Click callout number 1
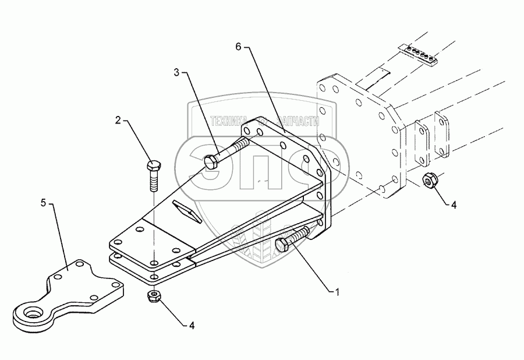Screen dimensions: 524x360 [x=337, y=292]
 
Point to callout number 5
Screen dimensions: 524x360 [x=43, y=203]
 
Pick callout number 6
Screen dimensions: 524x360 [x=238, y=47]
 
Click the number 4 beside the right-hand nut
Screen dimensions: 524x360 [x=454, y=205]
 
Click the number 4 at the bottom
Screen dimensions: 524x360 [x=192, y=325]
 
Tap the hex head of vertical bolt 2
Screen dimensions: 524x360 [x=153, y=166]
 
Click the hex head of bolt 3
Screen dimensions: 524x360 [x=211, y=162]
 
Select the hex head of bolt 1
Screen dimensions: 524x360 [x=282, y=246]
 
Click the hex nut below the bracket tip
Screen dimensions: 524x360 [x=153, y=296]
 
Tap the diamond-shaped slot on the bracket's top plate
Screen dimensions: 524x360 [x=187, y=212]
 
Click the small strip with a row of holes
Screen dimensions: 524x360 [x=417, y=54]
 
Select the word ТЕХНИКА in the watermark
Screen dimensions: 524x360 [x=229, y=121]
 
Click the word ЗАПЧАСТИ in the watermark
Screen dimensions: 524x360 [x=299, y=121]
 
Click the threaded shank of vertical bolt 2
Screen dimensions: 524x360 [x=153, y=181]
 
